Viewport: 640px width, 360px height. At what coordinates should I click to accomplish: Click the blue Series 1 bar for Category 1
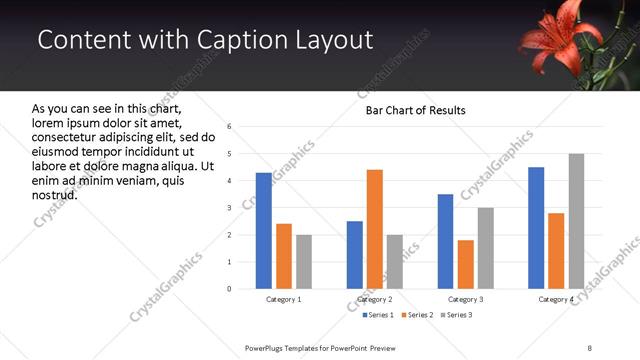pos(264,231)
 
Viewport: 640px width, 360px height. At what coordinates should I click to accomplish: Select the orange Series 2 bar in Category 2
pos(375,229)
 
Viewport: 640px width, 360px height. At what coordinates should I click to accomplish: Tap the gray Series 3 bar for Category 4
pos(576,221)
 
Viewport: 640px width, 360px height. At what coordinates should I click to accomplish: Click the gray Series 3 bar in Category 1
pos(304,262)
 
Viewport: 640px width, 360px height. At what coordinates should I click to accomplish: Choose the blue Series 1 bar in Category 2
pos(355,255)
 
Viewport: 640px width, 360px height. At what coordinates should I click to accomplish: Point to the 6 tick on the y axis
pos(229,127)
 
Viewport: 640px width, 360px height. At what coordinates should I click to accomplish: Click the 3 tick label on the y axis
pos(229,208)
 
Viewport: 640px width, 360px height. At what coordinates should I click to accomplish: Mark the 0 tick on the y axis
pos(229,289)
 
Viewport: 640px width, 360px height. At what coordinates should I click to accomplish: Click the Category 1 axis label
pos(284,300)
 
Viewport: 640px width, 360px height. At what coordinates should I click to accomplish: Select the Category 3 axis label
pos(465,300)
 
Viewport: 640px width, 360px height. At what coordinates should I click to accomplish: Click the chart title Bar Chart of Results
pos(415,110)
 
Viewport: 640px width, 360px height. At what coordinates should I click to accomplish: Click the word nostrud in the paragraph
pos(54,194)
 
